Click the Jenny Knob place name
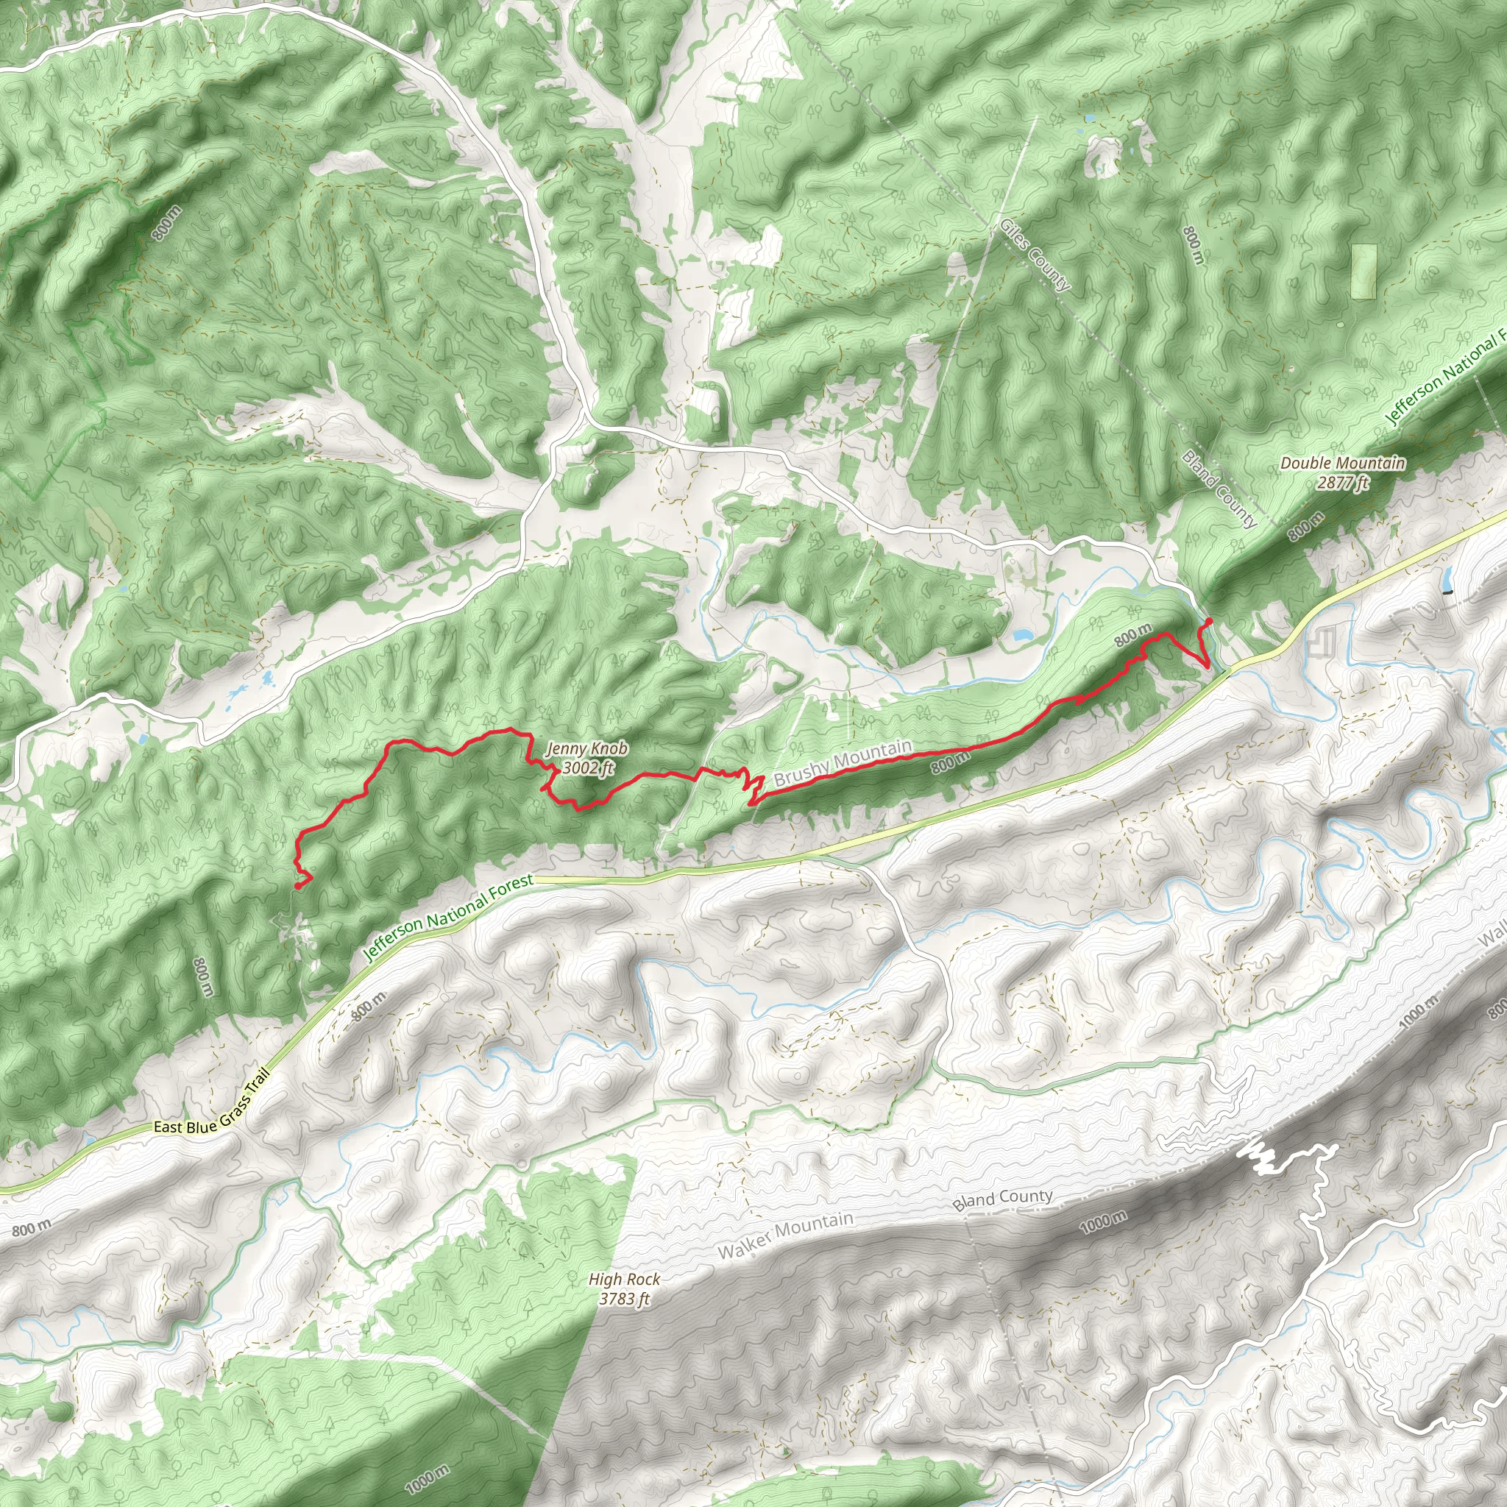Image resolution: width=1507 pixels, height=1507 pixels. [x=586, y=749]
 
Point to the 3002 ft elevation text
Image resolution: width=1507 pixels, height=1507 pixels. [x=587, y=767]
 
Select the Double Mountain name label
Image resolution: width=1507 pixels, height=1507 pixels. [x=1342, y=464]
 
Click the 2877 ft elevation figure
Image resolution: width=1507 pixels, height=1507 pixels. [x=1342, y=483]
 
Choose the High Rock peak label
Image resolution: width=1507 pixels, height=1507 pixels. [x=624, y=1279]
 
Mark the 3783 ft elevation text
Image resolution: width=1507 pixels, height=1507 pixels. [x=624, y=1299]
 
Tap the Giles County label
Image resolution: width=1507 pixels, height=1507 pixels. [x=1035, y=255]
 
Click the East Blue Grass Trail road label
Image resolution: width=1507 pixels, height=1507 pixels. [x=211, y=1105]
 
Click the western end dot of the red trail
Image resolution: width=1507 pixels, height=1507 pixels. [x=298, y=885]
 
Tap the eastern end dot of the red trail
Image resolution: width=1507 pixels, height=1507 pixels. [x=1208, y=620]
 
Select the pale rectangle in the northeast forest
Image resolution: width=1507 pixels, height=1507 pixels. [x=1364, y=272]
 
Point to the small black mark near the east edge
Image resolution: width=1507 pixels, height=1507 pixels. [x=1450, y=593]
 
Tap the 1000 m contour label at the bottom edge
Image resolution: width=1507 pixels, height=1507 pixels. [x=427, y=1479]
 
